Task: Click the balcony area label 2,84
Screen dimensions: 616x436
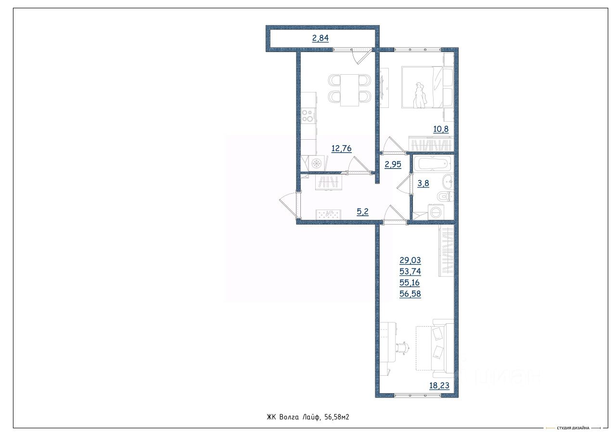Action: tap(321, 38)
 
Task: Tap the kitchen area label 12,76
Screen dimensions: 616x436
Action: tap(341, 149)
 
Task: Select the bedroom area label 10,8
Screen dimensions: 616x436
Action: tap(441, 129)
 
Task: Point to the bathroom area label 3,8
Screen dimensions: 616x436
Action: tap(423, 183)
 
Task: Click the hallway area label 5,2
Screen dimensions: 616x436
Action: tap(362, 211)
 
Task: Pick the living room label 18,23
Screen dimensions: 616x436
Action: tap(439, 385)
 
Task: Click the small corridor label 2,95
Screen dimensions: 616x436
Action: tap(393, 164)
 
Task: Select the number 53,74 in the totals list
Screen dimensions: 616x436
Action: tap(410, 271)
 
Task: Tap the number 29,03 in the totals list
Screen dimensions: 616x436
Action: tap(410, 260)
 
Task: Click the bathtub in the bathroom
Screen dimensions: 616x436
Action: tap(435, 163)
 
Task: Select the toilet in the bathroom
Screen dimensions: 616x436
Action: tap(445, 196)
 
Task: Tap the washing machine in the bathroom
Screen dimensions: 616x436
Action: tap(436, 212)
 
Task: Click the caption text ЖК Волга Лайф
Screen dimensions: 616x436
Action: tap(294, 417)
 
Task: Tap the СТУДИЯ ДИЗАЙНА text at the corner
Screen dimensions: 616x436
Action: tap(573, 428)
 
